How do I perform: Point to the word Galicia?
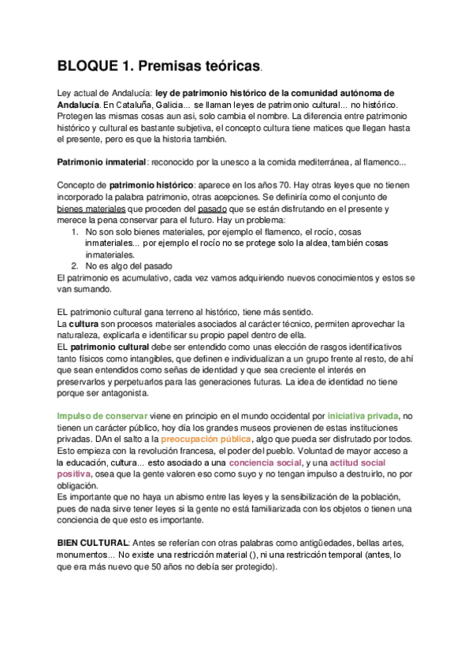coord(177,105)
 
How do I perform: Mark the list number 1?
coord(73,232)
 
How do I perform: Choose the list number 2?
coord(73,266)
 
